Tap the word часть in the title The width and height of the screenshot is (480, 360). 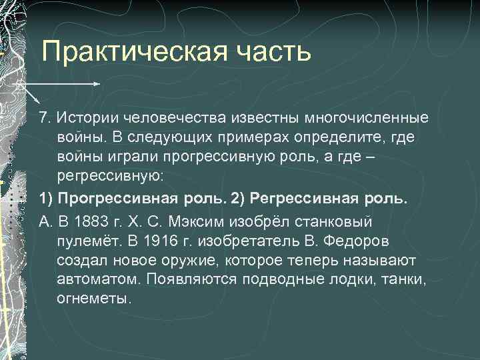(x=275, y=52)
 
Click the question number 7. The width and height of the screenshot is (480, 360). (x=44, y=118)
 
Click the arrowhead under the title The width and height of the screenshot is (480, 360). (x=97, y=85)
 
